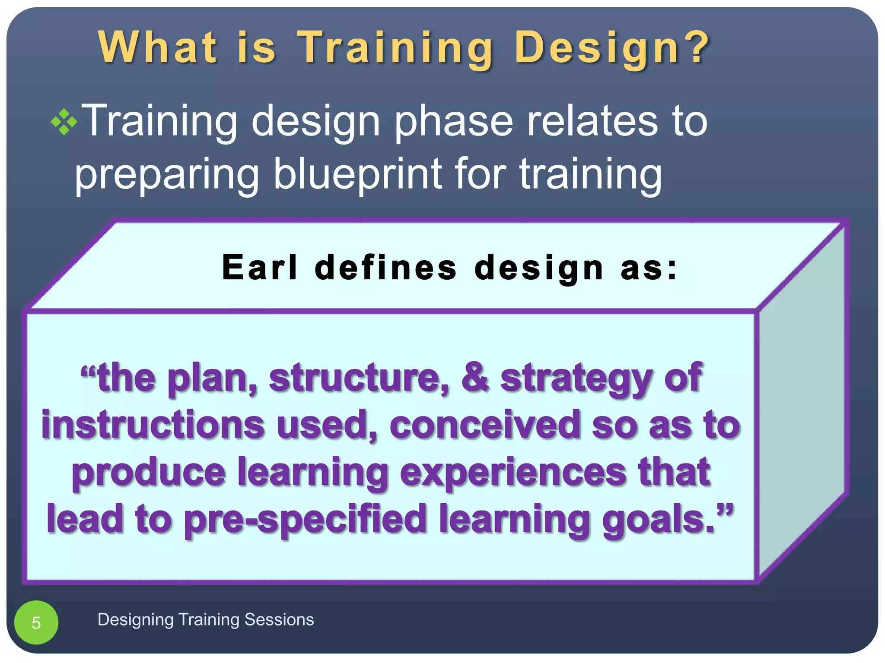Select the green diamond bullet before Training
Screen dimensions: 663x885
click(64, 123)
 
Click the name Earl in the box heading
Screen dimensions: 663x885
click(260, 268)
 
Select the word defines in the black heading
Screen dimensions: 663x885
click(385, 268)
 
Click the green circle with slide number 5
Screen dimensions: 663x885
click(36, 622)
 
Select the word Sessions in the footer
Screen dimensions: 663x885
click(279, 619)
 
